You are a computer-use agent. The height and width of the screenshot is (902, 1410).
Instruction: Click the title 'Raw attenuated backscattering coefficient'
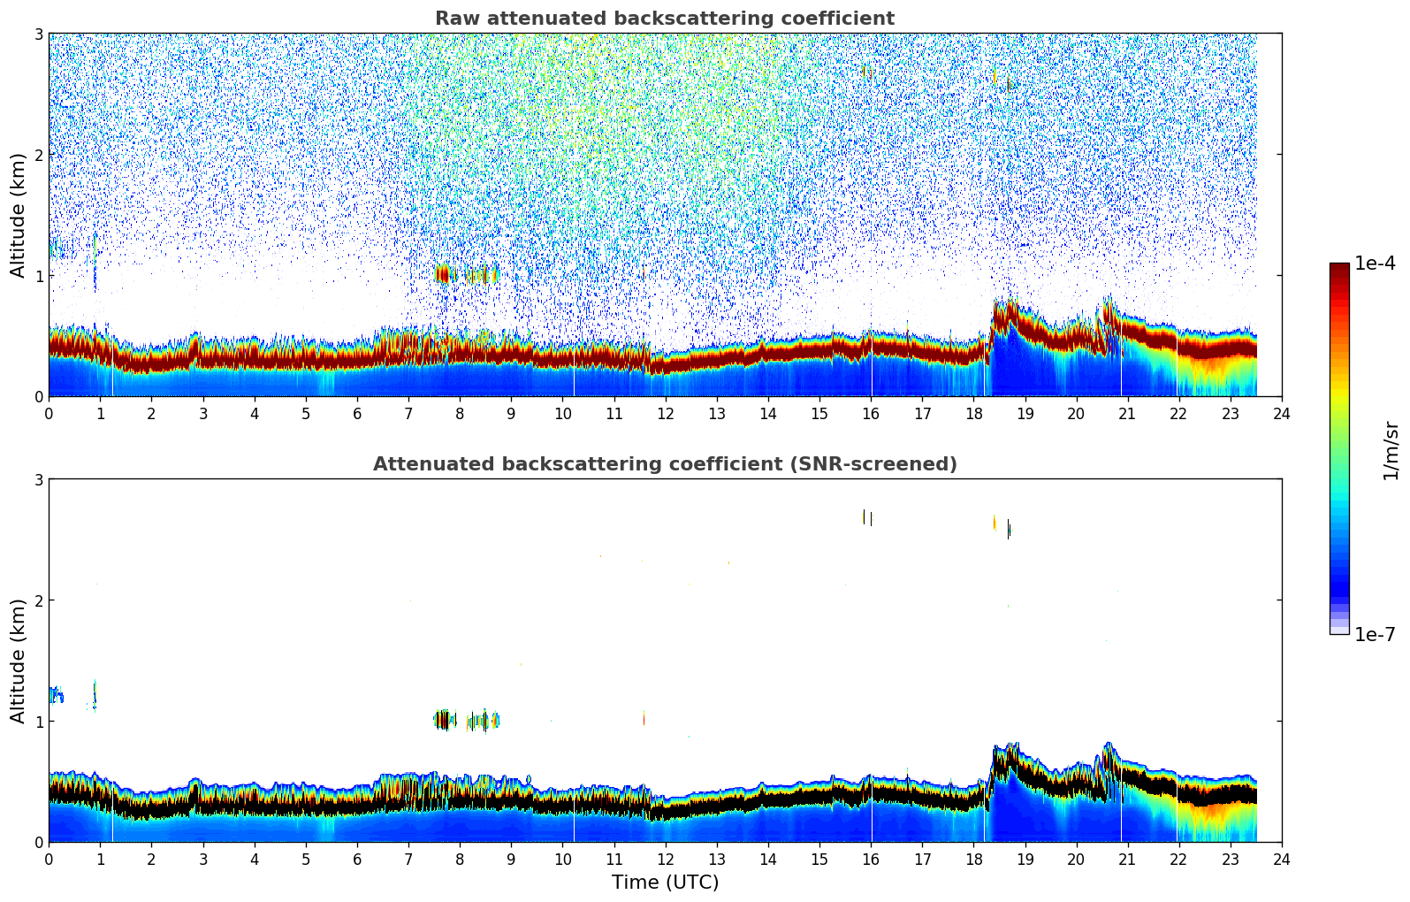click(x=664, y=19)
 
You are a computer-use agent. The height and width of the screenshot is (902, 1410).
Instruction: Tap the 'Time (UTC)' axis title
click(x=665, y=882)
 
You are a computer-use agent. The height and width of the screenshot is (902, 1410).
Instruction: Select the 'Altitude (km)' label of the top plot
click(x=19, y=215)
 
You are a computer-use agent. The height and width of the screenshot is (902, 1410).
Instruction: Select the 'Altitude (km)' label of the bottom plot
click(x=19, y=661)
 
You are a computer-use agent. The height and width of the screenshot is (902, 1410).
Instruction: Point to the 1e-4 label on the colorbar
click(x=1375, y=264)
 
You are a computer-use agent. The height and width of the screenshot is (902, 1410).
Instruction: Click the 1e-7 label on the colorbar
click(x=1375, y=634)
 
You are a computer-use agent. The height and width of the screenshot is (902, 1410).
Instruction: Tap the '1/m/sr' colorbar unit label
click(x=1391, y=450)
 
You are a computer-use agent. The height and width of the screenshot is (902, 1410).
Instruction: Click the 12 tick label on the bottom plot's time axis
click(x=665, y=859)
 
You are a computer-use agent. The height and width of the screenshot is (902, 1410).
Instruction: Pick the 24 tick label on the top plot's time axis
click(x=1281, y=413)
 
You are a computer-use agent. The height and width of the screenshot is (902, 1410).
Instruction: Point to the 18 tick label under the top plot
click(x=973, y=413)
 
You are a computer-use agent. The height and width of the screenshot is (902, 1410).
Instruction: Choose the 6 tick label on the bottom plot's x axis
click(x=357, y=859)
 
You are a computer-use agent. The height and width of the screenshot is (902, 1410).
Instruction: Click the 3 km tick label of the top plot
click(x=38, y=34)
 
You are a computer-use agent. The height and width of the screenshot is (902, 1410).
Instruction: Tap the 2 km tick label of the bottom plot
click(x=38, y=600)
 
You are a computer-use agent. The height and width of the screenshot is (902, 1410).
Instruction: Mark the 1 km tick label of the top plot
click(x=38, y=276)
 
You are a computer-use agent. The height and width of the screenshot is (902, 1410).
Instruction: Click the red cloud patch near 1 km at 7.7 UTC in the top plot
click(x=443, y=273)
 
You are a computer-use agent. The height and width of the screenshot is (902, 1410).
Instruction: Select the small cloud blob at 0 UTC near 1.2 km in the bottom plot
click(x=55, y=695)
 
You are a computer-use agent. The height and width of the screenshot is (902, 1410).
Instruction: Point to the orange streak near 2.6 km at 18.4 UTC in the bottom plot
click(x=995, y=523)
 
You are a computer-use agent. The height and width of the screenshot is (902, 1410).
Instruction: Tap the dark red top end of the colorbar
click(x=1339, y=267)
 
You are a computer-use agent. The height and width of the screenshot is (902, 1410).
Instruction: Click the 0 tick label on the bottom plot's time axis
click(x=49, y=859)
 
